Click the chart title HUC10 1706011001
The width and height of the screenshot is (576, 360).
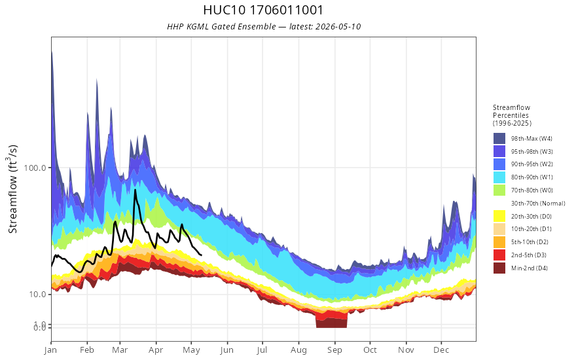[x=263, y=10]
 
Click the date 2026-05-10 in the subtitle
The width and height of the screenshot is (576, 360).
[x=338, y=27]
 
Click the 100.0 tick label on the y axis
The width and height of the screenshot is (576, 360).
[x=35, y=168]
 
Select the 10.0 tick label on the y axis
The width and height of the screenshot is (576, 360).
[x=37, y=295]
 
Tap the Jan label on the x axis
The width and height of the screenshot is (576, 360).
[x=50, y=350]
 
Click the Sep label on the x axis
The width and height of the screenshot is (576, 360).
[x=334, y=350]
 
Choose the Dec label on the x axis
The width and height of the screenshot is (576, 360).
[x=441, y=350]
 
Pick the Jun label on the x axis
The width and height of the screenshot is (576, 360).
[x=227, y=350]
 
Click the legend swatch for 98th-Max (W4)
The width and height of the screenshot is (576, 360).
[x=499, y=139]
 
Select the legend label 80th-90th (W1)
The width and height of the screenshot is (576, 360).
[x=532, y=177]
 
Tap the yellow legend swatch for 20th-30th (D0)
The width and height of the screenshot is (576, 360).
[x=499, y=216]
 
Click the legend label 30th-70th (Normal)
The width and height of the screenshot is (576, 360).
[x=538, y=203]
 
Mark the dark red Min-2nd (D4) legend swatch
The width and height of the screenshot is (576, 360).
[x=499, y=268]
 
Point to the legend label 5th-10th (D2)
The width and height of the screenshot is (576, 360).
[x=530, y=242]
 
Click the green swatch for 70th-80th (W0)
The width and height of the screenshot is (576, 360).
[x=499, y=190]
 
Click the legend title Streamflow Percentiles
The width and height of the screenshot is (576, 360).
[x=512, y=115]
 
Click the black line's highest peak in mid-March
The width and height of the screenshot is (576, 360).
[x=135, y=190]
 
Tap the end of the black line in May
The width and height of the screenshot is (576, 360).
[x=201, y=255]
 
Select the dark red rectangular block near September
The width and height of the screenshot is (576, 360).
[x=331, y=323]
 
